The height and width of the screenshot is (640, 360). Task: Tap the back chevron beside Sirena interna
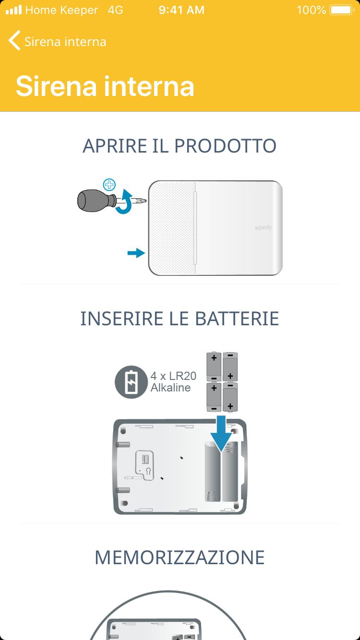(x=14, y=41)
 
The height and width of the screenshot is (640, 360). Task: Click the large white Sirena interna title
(x=105, y=86)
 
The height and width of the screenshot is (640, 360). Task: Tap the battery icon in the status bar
(x=342, y=10)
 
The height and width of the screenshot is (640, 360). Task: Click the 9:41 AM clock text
(x=181, y=10)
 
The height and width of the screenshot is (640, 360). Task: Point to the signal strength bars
(x=13, y=10)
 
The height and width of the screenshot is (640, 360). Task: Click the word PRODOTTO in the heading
(x=225, y=146)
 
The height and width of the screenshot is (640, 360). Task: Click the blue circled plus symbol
(x=109, y=185)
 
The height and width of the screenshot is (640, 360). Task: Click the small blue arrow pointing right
(x=136, y=253)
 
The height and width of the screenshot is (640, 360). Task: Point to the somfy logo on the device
(x=263, y=228)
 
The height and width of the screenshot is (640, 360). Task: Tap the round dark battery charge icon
(x=131, y=382)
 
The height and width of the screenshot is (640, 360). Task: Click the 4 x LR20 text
(x=173, y=376)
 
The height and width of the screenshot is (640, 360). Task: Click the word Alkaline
(x=170, y=388)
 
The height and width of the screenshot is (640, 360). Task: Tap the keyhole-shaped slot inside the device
(x=148, y=472)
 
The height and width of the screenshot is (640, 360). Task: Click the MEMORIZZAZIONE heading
(x=180, y=557)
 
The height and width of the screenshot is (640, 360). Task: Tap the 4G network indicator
(x=116, y=10)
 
